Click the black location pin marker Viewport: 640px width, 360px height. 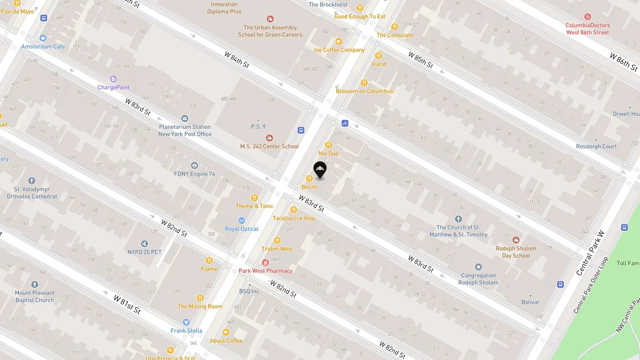(320, 170)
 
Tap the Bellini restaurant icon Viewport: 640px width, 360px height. (309, 178)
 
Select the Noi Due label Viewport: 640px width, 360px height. (328, 153)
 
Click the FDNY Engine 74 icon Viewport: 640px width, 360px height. (194, 165)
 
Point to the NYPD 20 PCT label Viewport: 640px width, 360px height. (144, 252)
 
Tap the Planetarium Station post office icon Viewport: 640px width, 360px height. (184, 118)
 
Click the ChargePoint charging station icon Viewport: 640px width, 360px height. (113, 79)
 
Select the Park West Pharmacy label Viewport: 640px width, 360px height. (265, 271)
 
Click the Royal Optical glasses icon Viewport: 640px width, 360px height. (242, 220)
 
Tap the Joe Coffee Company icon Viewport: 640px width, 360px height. (339, 42)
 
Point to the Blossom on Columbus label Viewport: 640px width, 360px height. (364, 91)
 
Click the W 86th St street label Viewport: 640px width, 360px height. (623, 62)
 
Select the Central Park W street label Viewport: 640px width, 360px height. (590, 253)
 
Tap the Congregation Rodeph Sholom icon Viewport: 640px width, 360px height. (478, 267)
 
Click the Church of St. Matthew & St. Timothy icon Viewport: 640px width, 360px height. (458, 219)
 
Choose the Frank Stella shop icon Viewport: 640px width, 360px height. (186, 322)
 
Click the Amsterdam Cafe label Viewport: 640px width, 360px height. (43, 46)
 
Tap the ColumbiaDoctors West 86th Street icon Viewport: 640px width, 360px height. (588, 17)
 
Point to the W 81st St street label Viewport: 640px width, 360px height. (127, 304)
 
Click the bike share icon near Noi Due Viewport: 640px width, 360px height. (345, 123)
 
